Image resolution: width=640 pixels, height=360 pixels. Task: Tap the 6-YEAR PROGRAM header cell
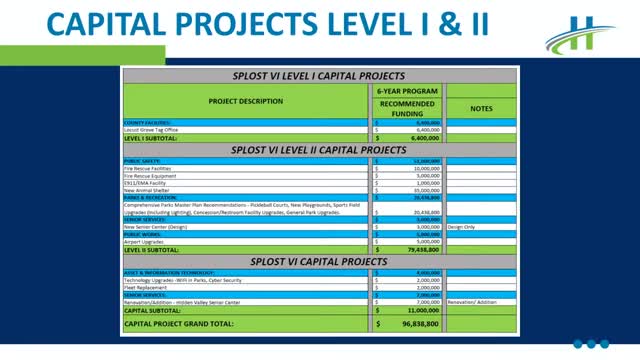pyautogui.click(x=408, y=90)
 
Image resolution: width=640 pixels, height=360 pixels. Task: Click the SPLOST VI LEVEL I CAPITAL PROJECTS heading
pyautogui.click(x=318, y=75)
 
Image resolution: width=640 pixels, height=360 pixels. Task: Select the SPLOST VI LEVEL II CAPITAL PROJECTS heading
pyautogui.click(x=318, y=150)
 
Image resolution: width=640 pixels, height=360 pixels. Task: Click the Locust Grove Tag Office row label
pyautogui.click(x=150, y=130)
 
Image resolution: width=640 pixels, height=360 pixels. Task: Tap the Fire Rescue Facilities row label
pyautogui.click(x=151, y=169)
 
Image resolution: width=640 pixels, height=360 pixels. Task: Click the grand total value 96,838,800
pyautogui.click(x=417, y=325)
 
